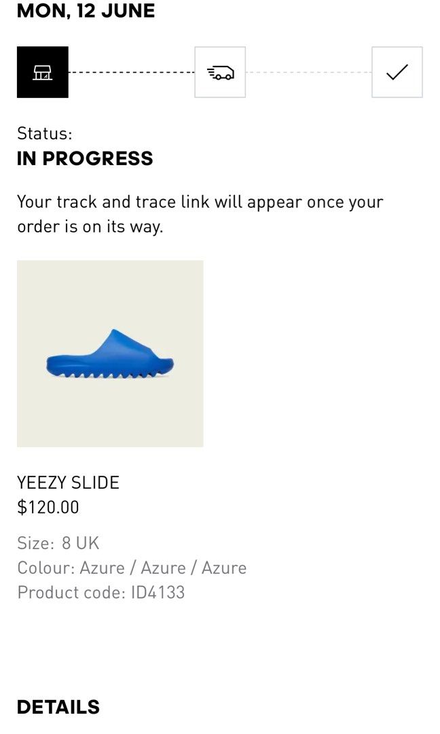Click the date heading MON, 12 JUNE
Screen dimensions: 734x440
(x=86, y=11)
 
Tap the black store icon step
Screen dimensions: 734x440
(x=43, y=72)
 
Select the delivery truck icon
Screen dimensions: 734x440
(x=220, y=72)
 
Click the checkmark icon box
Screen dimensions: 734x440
(x=397, y=72)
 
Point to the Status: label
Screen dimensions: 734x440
(x=44, y=133)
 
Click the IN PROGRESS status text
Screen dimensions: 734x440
(x=85, y=158)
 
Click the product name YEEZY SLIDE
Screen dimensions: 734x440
(x=68, y=483)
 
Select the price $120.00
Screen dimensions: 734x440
(x=48, y=507)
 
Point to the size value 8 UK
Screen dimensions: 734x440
(x=80, y=543)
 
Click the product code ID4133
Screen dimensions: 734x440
(x=158, y=592)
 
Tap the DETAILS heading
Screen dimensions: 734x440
(x=58, y=707)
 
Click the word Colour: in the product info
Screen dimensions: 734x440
(x=45, y=567)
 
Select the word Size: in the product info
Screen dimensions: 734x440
(x=35, y=543)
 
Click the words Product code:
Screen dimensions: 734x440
(x=71, y=592)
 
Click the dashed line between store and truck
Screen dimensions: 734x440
(x=131, y=72)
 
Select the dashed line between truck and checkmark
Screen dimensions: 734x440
(x=308, y=72)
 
